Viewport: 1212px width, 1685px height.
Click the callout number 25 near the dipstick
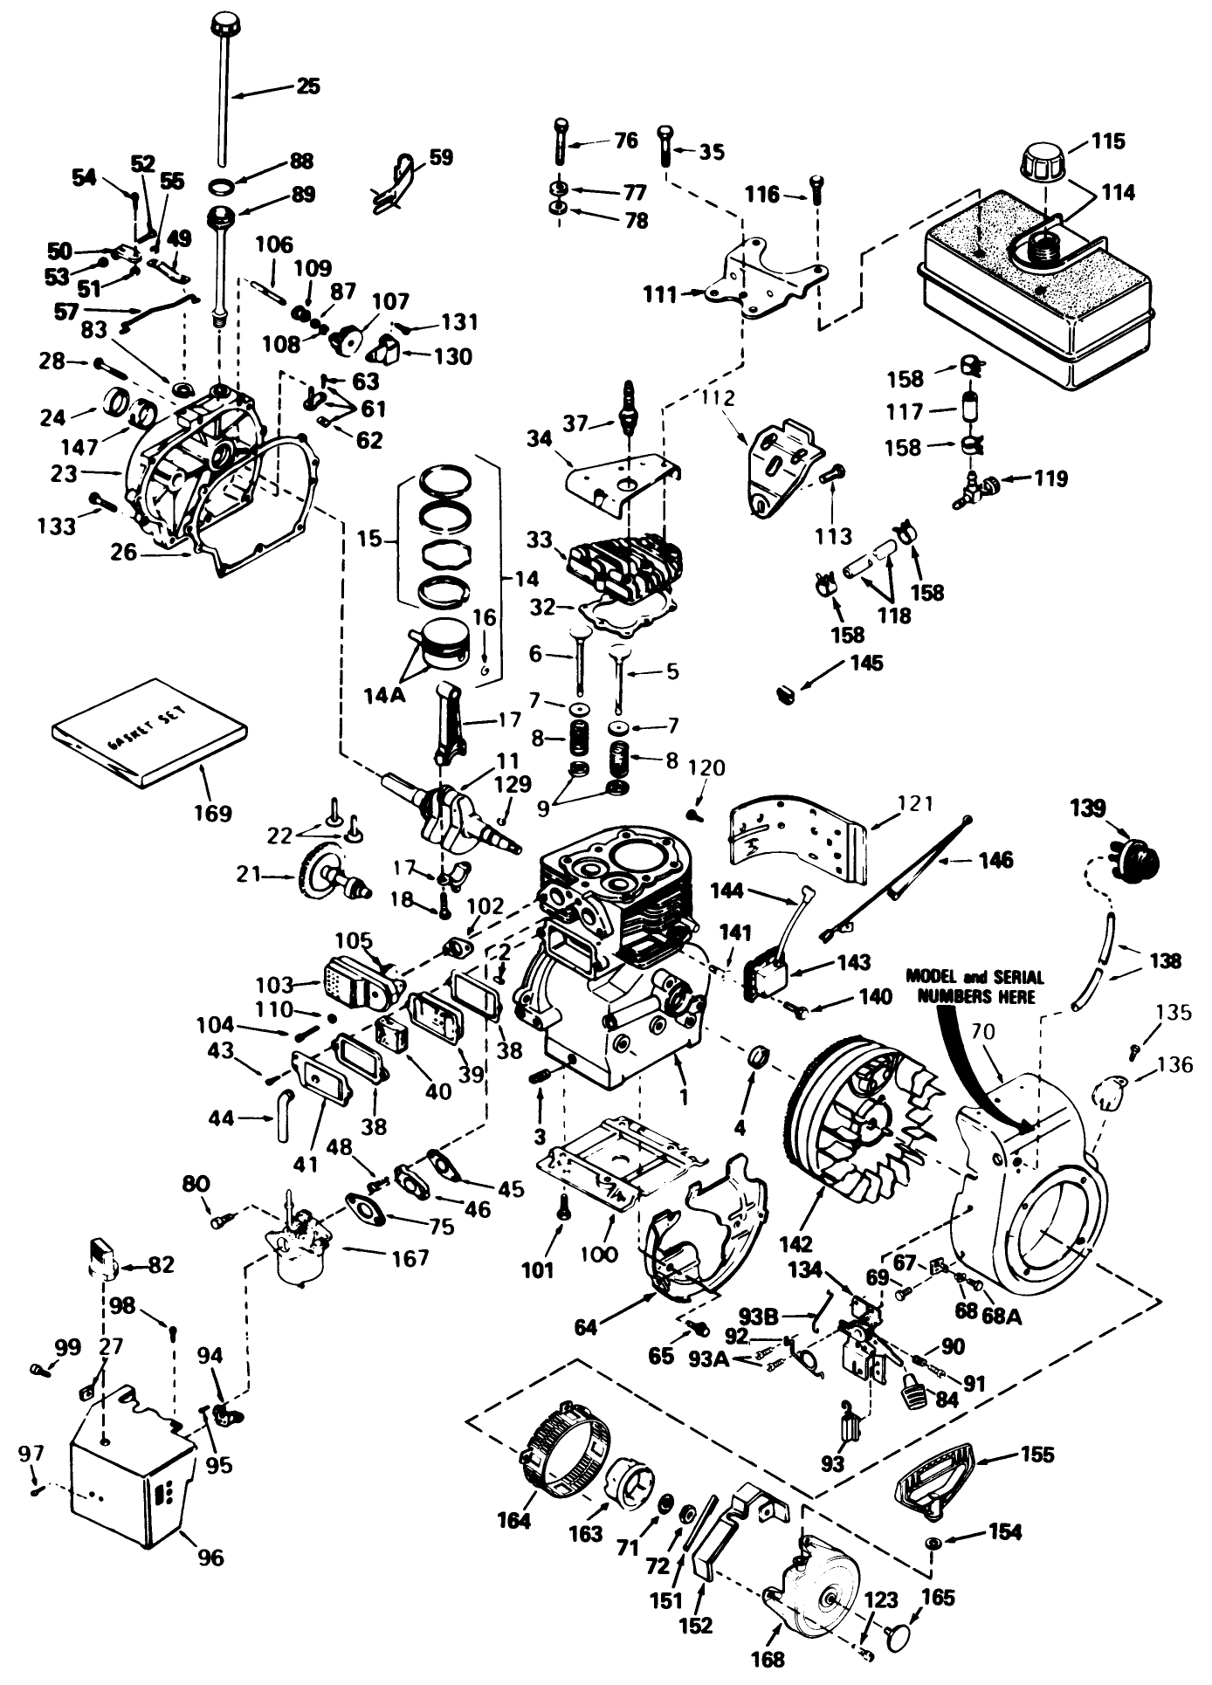pos(307,86)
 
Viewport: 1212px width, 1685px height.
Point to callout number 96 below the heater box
pos(210,1557)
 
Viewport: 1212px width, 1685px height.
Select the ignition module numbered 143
pos(766,973)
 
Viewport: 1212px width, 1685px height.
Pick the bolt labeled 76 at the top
pos(559,140)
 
